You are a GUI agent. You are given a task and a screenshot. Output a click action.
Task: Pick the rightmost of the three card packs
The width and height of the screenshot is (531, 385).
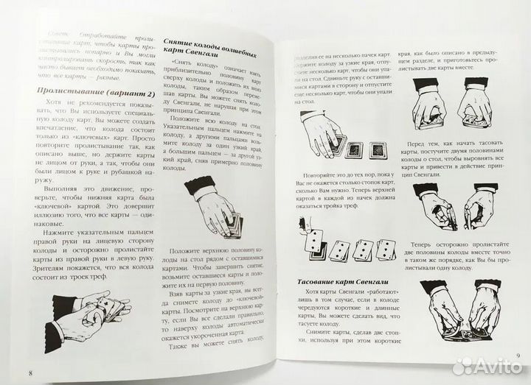coord(378,150)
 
